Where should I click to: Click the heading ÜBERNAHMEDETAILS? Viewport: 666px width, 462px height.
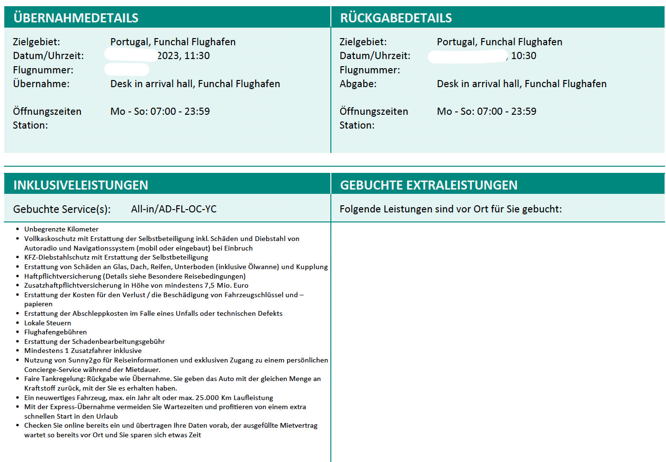tap(76, 18)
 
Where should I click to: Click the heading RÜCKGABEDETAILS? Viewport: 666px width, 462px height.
tap(396, 18)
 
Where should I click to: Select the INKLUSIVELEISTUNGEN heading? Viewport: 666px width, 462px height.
tap(80, 185)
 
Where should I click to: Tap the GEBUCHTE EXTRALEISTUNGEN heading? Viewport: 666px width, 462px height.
tap(428, 185)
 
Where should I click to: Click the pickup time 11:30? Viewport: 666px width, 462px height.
tap(197, 56)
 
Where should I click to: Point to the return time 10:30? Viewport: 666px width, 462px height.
tap(524, 56)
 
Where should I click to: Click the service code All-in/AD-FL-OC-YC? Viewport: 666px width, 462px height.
tap(174, 209)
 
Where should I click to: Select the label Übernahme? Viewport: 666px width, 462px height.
tap(41, 84)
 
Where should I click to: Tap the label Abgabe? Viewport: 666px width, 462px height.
tap(358, 84)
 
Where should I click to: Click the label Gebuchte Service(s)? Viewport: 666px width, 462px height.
tap(62, 209)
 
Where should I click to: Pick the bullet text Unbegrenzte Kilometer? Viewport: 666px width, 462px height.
tap(61, 229)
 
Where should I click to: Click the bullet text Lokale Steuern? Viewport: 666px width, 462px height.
tap(48, 323)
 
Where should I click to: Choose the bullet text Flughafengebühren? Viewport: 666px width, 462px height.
tap(56, 332)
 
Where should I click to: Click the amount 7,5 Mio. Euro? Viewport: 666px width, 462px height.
tap(227, 285)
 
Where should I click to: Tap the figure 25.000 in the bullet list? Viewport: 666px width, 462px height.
tap(207, 398)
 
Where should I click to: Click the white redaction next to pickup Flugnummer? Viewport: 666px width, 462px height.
tap(127, 70)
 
